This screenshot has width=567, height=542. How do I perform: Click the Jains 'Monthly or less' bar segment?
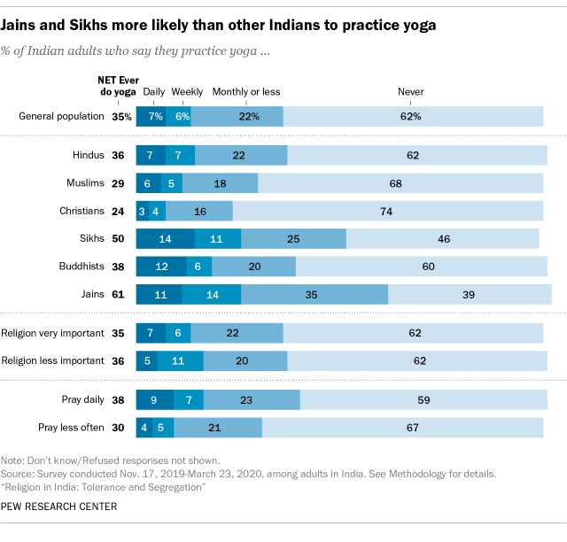pyautogui.click(x=315, y=295)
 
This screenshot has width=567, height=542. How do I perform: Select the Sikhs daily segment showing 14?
pyautogui.click(x=165, y=239)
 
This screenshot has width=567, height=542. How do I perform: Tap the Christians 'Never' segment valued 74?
pyautogui.click(x=388, y=211)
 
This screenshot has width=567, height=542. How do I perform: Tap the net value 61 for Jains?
pyautogui.click(x=118, y=295)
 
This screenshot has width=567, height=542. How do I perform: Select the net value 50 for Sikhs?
pyautogui.click(x=118, y=239)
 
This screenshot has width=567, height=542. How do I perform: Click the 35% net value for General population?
pyautogui.click(x=121, y=116)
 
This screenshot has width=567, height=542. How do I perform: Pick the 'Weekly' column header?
pyautogui.click(x=187, y=91)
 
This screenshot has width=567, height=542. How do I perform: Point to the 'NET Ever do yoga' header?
pyautogui.click(x=115, y=85)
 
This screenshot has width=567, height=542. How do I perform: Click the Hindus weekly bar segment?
pyautogui.click(x=180, y=155)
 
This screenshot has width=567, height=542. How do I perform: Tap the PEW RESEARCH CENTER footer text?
pyautogui.click(x=59, y=507)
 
